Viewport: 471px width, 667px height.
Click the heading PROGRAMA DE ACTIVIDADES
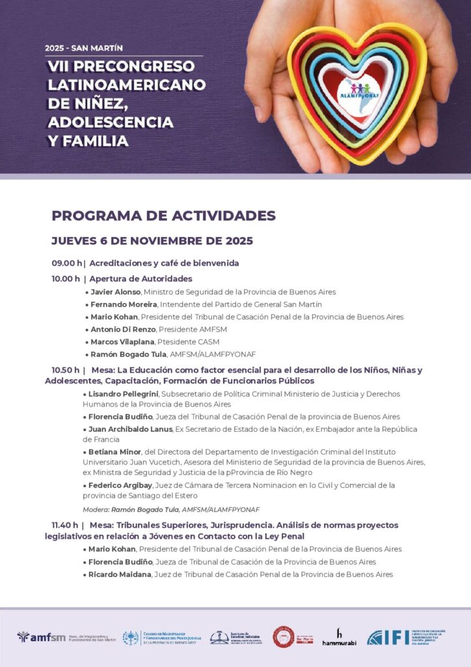163,216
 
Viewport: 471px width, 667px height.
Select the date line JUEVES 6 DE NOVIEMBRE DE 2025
152,240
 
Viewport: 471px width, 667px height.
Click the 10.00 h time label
66,279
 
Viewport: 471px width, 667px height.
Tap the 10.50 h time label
66,370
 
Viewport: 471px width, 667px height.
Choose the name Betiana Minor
110,451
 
